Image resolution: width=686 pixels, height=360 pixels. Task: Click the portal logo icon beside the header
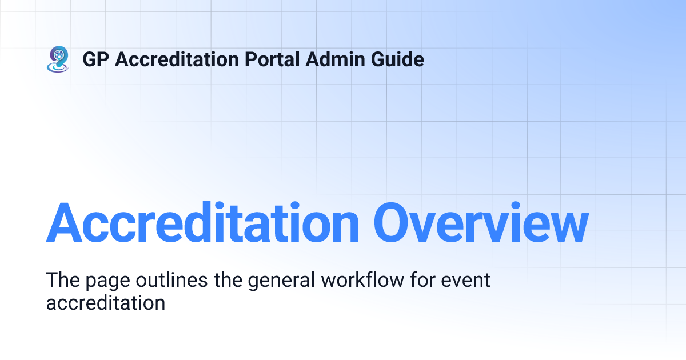[x=58, y=59]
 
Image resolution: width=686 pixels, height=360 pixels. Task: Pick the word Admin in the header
[x=327, y=59]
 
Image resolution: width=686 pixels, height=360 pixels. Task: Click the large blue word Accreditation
[x=202, y=223]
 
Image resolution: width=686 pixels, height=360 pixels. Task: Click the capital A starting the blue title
[x=64, y=223]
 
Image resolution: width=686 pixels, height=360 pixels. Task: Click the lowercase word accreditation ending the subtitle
[x=106, y=302]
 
